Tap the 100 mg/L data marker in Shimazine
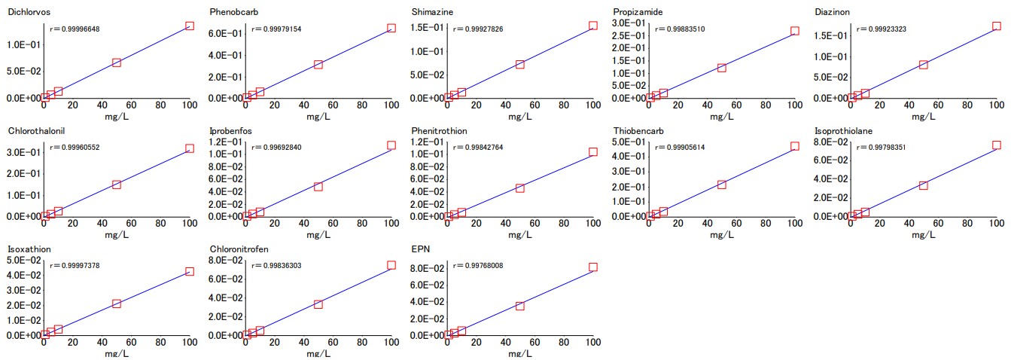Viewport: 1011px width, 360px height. [x=593, y=26]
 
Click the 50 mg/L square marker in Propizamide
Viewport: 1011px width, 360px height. [x=721, y=68]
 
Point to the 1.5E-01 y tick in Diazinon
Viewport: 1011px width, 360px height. [x=831, y=35]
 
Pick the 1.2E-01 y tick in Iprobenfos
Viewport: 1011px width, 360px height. [x=226, y=142]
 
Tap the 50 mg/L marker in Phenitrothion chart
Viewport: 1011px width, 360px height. [x=520, y=188]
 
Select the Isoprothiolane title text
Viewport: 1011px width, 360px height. [x=843, y=130]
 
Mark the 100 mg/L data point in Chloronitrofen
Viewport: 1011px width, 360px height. [x=391, y=265]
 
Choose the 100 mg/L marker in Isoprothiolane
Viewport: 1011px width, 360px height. [x=996, y=145]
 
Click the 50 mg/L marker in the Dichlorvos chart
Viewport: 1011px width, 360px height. [x=117, y=63]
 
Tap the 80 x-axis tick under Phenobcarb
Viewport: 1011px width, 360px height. [x=362, y=105]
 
